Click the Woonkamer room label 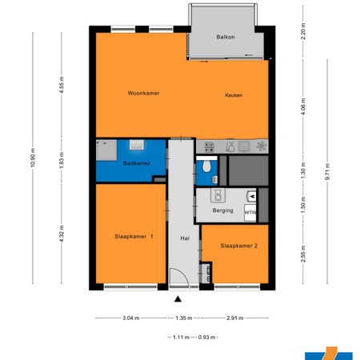coord(144,94)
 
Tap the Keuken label coord(234,95)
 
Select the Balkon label coord(226,38)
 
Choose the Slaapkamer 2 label coord(238,246)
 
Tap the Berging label coord(223,211)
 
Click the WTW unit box coord(250,213)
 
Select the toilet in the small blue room coord(206,166)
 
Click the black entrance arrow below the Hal coord(178,299)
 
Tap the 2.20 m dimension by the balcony coord(303,32)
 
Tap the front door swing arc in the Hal coord(182,280)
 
